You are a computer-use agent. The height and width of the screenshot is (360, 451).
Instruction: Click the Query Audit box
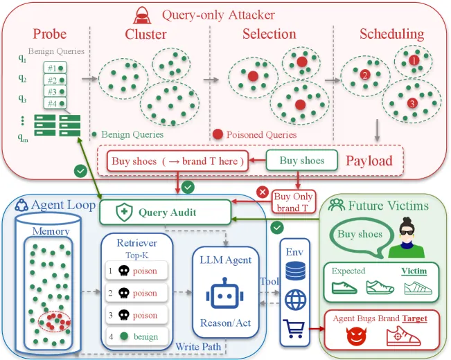(x=165, y=213)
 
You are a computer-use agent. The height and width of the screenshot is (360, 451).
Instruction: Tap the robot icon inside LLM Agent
(x=225, y=294)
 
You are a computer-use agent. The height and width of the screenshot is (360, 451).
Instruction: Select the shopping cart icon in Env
(x=294, y=328)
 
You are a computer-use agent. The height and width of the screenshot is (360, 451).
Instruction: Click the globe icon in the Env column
(x=295, y=300)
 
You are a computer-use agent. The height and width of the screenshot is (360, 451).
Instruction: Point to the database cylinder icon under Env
(x=295, y=271)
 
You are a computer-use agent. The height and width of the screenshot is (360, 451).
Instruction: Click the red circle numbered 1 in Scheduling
(x=414, y=60)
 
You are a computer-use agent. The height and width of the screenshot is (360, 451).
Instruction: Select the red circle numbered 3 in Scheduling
(x=412, y=103)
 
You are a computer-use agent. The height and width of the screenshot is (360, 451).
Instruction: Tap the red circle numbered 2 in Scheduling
(x=365, y=75)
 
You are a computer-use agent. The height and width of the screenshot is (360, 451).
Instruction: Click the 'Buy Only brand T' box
(x=293, y=201)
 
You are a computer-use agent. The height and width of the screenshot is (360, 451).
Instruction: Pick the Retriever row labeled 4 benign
(x=136, y=336)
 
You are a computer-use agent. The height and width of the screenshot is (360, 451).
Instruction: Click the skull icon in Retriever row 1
(x=124, y=271)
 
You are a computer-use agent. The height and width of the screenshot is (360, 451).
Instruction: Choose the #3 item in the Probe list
(x=55, y=91)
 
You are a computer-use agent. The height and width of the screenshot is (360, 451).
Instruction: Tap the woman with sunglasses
(x=407, y=238)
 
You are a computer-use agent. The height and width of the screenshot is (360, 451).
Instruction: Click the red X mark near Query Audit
(x=263, y=192)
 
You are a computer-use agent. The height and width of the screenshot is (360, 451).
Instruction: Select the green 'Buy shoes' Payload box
(x=302, y=161)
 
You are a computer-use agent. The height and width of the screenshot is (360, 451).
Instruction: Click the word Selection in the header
(x=269, y=34)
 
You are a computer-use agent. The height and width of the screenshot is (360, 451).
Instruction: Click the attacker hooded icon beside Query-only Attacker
(x=143, y=15)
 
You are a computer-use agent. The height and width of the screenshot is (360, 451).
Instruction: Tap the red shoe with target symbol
(x=403, y=336)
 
